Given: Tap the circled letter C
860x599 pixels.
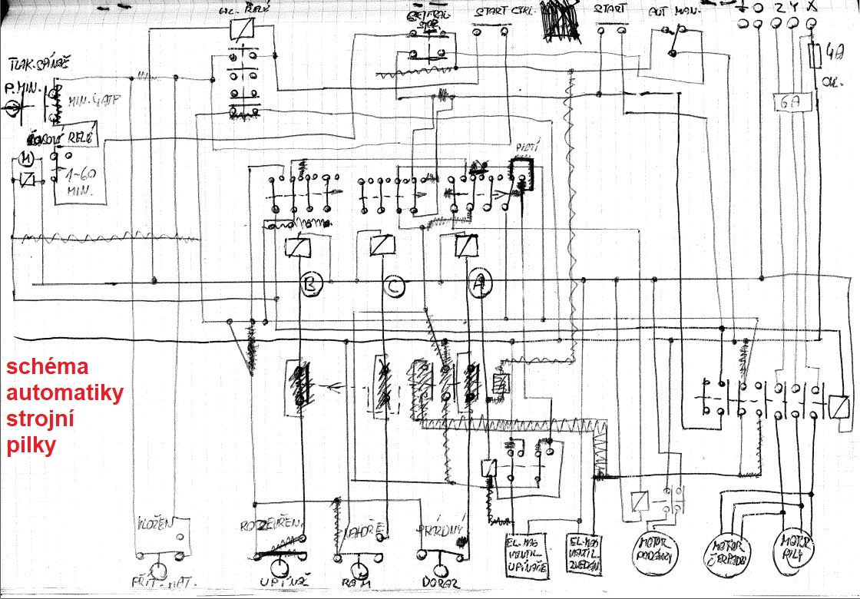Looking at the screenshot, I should (393, 286).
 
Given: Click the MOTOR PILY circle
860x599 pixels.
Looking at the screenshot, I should (792, 548).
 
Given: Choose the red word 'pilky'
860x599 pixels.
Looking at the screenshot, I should (31, 445).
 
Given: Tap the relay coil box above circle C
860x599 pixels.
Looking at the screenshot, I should (382, 246).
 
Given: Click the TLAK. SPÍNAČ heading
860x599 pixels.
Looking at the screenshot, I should (40, 62).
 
